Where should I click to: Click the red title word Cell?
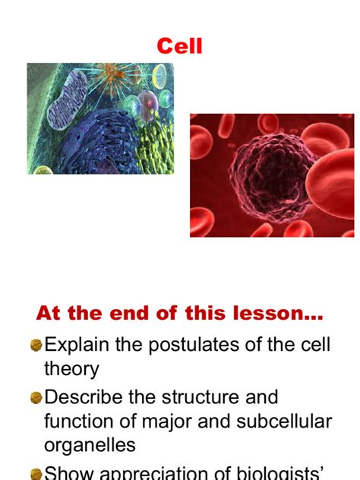[180, 46]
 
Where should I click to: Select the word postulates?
[197, 345]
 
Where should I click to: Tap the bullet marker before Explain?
[36, 346]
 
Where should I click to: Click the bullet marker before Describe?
[36, 397]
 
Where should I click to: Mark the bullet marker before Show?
[36, 472]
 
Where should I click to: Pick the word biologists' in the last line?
[278, 472]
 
